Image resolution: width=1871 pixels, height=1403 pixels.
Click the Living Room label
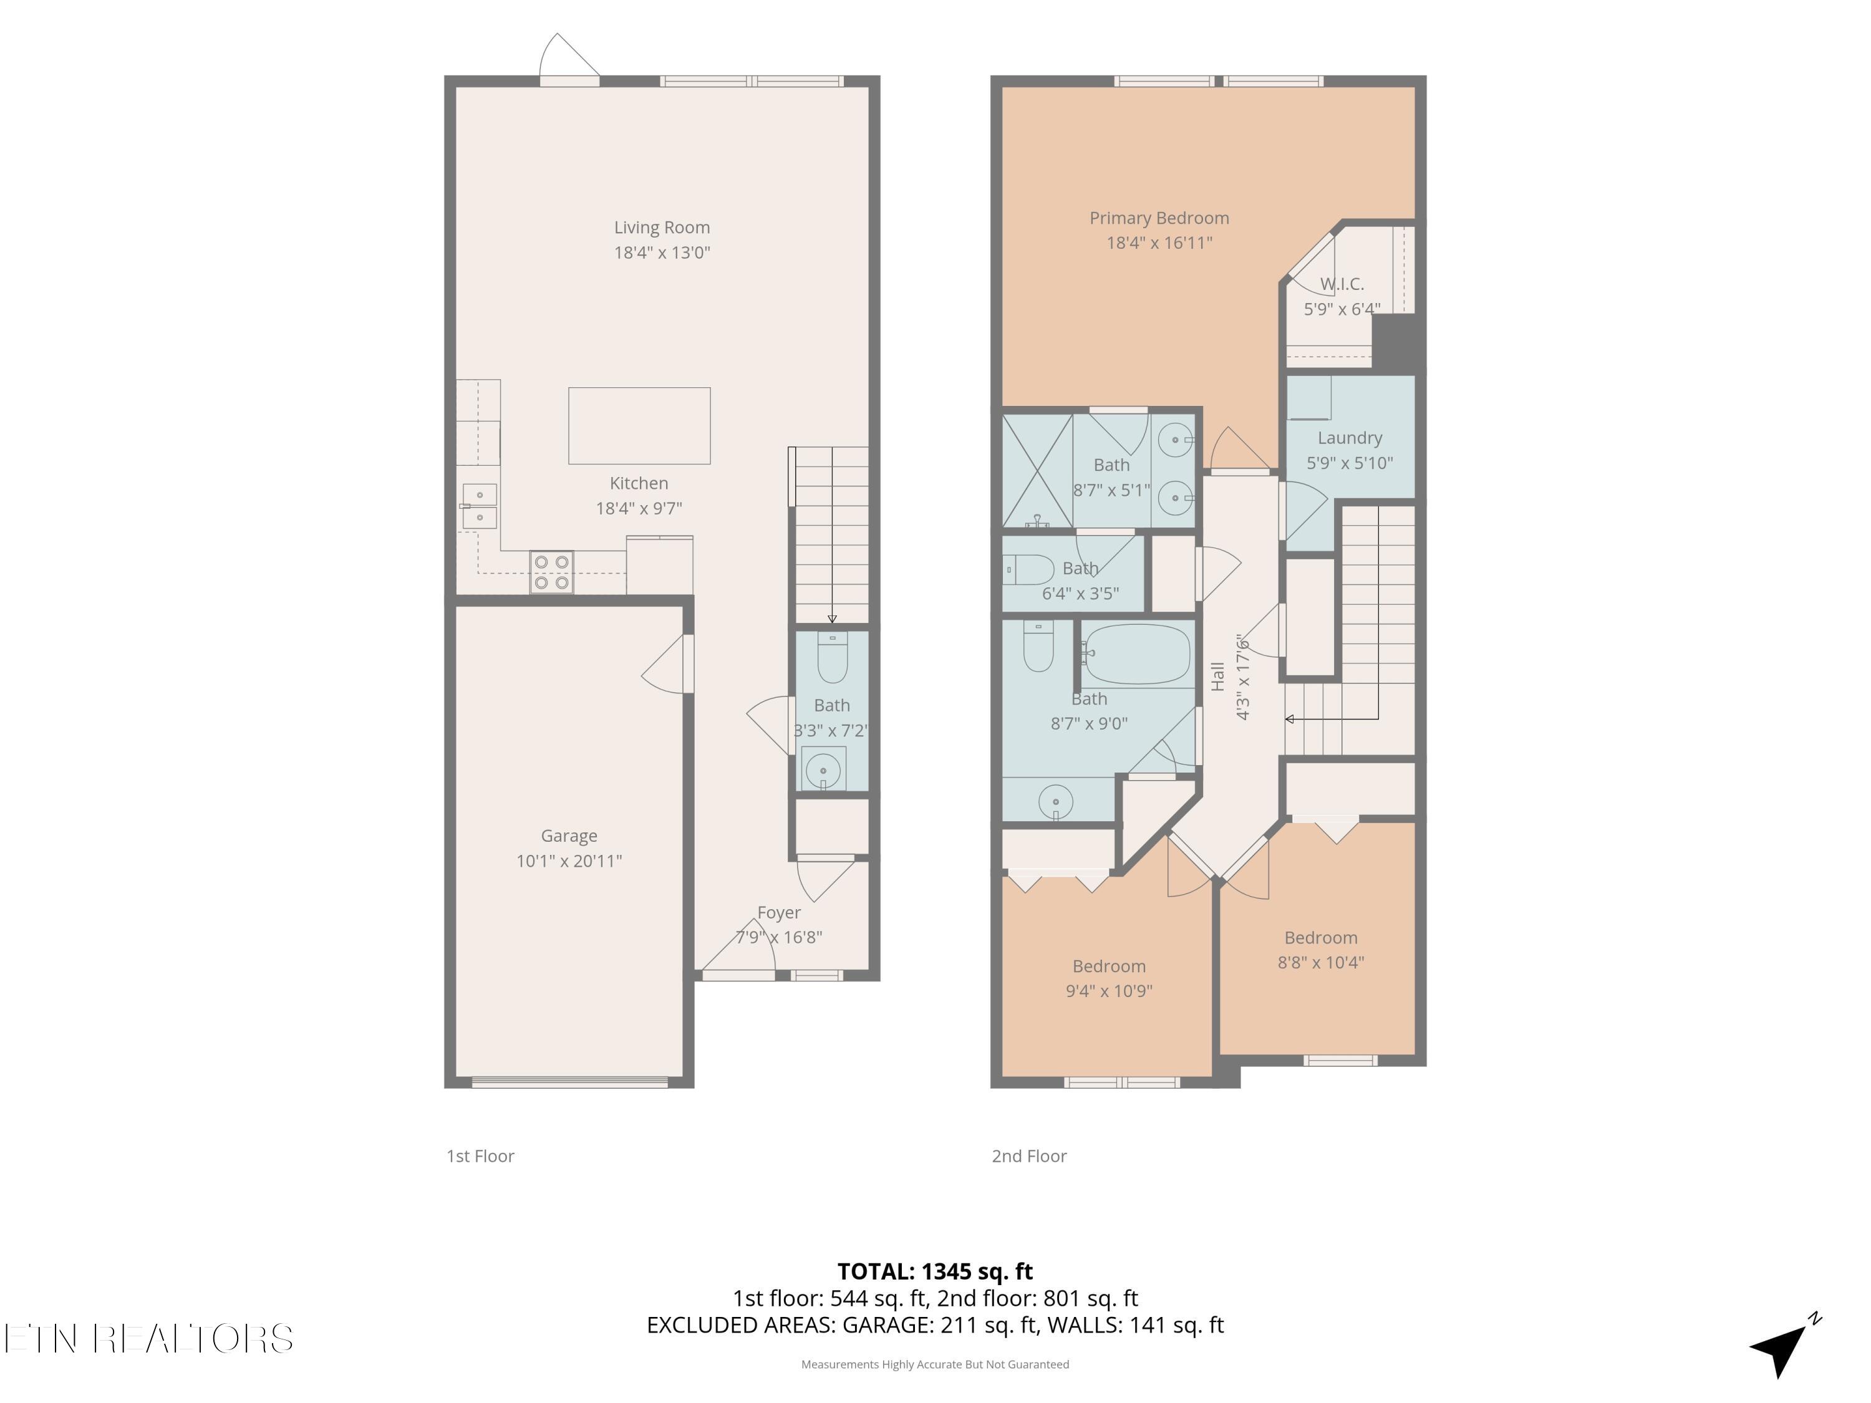(662, 228)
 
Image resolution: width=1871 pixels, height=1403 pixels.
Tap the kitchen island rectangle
(639, 425)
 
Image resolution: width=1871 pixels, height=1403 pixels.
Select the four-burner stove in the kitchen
(551, 572)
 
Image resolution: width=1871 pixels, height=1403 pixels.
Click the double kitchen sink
(480, 506)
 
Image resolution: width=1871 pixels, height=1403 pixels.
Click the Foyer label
(778, 912)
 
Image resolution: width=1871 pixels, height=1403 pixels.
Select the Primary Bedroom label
(1159, 218)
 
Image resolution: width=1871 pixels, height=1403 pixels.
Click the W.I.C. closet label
(1342, 284)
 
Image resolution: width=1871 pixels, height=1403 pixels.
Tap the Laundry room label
(1349, 438)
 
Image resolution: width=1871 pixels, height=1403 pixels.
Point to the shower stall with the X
(1037, 470)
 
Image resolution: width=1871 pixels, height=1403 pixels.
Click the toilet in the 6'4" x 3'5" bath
(1028, 570)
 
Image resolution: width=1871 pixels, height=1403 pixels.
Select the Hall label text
(1217, 677)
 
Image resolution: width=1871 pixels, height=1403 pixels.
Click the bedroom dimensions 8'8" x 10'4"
(1320, 962)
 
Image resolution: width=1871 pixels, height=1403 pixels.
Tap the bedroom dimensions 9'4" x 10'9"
(1109, 991)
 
